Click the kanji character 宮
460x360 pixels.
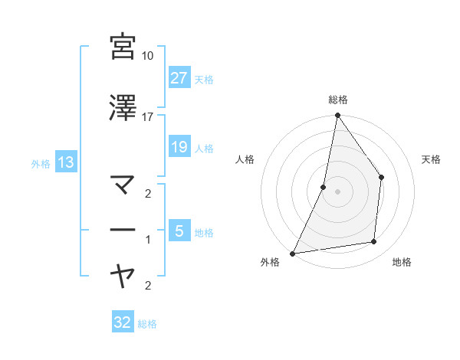click(123, 46)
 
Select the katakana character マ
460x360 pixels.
click(123, 185)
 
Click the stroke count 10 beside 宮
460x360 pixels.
click(147, 56)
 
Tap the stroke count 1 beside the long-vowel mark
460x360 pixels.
click(147, 240)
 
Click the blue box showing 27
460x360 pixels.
click(179, 77)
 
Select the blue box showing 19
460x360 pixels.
click(179, 146)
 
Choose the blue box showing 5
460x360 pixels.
click(179, 231)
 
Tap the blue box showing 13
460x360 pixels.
click(65, 162)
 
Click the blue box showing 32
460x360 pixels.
click(122, 322)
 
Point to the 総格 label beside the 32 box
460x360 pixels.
click(148, 324)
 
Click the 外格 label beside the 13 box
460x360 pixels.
click(40, 163)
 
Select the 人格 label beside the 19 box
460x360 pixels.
click(204, 148)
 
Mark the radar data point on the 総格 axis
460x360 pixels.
click(337, 116)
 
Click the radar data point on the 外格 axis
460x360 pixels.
click(293, 253)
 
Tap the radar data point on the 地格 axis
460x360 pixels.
click(374, 242)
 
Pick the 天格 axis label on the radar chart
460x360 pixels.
click(432, 159)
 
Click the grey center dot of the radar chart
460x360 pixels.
click(337, 191)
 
